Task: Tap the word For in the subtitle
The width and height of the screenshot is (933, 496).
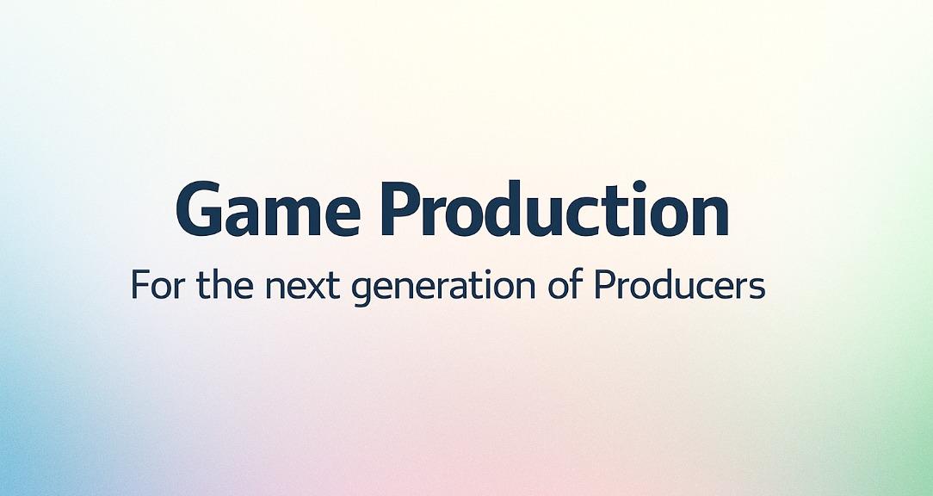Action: coord(160,285)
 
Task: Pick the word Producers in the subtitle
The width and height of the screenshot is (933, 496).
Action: coord(680,285)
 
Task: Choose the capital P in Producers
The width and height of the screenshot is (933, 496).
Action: coord(605,285)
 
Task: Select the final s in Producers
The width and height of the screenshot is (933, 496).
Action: coord(757,288)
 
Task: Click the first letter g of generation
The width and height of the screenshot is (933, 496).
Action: coord(361,291)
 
